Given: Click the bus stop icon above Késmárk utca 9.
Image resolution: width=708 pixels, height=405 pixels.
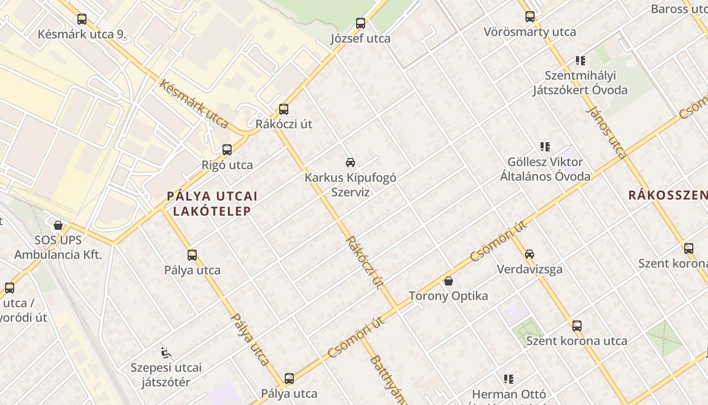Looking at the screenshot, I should [x=82, y=19].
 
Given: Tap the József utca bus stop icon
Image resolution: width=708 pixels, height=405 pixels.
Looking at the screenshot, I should [x=361, y=23].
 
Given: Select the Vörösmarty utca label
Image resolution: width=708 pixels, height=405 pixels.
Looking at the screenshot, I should [x=529, y=32].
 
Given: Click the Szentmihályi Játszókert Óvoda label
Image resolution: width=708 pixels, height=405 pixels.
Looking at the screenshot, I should [x=580, y=83].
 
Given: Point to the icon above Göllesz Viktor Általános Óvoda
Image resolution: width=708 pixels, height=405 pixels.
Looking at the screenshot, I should [x=545, y=147].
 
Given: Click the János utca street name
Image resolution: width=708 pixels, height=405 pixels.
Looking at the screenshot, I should [x=607, y=133].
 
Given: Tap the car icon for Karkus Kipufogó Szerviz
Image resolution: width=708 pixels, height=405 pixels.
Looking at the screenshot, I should [x=350, y=163].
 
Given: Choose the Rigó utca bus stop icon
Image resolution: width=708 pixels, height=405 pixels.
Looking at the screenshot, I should [x=227, y=150].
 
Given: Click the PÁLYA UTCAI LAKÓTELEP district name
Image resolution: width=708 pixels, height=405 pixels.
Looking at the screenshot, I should [x=212, y=204].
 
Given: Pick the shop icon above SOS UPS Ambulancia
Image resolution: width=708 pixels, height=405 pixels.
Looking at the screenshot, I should [x=58, y=225].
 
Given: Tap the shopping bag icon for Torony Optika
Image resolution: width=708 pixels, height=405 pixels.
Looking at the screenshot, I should [x=449, y=281].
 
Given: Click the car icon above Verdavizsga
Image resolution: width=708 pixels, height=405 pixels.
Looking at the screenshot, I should [x=529, y=254].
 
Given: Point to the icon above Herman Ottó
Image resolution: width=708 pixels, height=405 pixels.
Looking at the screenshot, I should [x=509, y=379].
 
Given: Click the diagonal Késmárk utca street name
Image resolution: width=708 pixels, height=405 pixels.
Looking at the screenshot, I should [x=194, y=104].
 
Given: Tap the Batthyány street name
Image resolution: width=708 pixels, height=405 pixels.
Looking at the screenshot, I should [x=387, y=380].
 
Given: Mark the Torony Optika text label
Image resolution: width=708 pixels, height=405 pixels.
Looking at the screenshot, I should [x=448, y=296].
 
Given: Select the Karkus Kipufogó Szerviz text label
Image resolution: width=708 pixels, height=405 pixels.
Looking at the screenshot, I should [x=350, y=185].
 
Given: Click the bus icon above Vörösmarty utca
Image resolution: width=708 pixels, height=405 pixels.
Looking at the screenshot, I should [x=530, y=17].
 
